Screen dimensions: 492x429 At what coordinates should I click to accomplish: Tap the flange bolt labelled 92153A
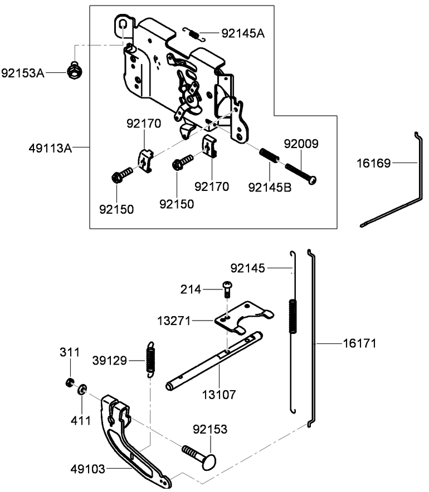pyautogui.click(x=72, y=71)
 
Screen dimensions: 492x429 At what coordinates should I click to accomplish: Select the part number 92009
pyautogui.click(x=301, y=144)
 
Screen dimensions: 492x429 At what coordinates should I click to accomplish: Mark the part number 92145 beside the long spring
pyautogui.click(x=248, y=268)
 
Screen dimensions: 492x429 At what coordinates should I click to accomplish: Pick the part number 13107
pyautogui.click(x=220, y=395)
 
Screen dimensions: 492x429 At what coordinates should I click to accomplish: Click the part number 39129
pyautogui.click(x=110, y=361)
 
